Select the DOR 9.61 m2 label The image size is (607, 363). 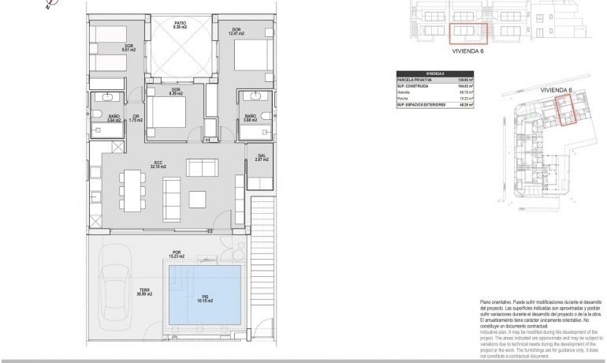[x=128, y=49]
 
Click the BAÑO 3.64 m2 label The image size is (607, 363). [x=114, y=119]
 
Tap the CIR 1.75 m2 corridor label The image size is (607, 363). [x=136, y=119]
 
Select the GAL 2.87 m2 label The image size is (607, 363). [x=262, y=159]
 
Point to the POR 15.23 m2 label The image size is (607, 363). [x=177, y=255]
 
